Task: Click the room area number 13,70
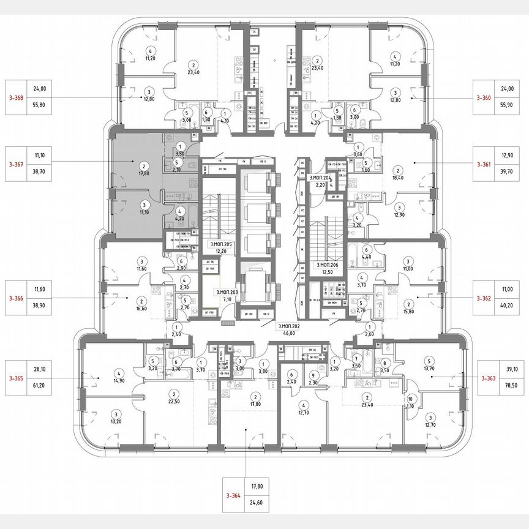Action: (429, 369)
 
